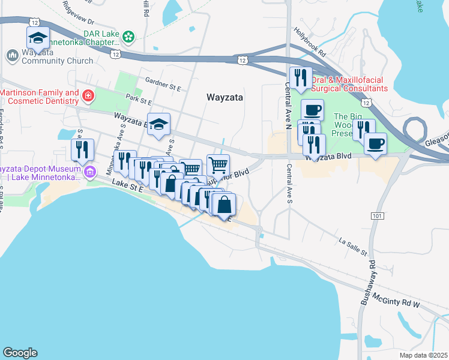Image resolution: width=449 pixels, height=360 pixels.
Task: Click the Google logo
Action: click(x=20, y=353)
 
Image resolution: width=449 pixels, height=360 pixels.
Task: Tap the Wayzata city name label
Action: click(x=224, y=97)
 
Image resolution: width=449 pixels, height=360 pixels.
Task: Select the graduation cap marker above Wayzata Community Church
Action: click(x=38, y=38)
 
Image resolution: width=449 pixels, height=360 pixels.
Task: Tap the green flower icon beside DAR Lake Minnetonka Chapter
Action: click(x=128, y=37)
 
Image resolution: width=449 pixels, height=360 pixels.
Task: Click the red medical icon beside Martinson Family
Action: click(x=88, y=95)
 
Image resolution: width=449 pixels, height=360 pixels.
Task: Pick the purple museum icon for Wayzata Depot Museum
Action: click(x=90, y=173)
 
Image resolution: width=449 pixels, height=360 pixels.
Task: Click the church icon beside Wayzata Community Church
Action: click(x=11, y=56)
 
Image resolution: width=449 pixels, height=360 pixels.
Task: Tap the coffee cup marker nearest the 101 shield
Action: click(x=375, y=144)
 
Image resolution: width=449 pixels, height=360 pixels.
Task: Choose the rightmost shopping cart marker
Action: click(x=218, y=164)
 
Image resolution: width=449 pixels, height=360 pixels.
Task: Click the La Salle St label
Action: click(x=352, y=245)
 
